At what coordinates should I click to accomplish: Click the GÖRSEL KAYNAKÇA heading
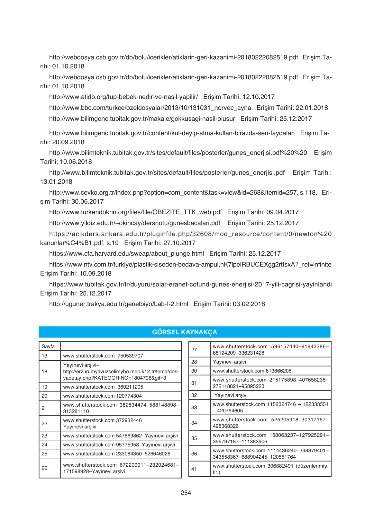pyautogui.click(x=185, y=332)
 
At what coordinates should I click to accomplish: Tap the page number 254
pyautogui.click(x=186, y=493)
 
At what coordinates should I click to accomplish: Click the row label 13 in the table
pyautogui.click(x=44, y=356)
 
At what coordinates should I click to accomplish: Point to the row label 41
pyautogui.click(x=194, y=469)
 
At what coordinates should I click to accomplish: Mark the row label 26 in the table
pyautogui.click(x=44, y=468)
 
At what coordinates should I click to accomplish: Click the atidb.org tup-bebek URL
pyautogui.click(x=123, y=97)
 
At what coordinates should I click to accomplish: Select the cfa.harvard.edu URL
pyautogui.click(x=126, y=254)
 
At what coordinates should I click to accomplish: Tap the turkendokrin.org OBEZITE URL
pyautogui.click(x=135, y=212)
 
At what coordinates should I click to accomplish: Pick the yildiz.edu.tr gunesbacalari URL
pyautogui.click(x=135, y=223)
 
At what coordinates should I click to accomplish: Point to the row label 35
pyautogui.click(x=194, y=438)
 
